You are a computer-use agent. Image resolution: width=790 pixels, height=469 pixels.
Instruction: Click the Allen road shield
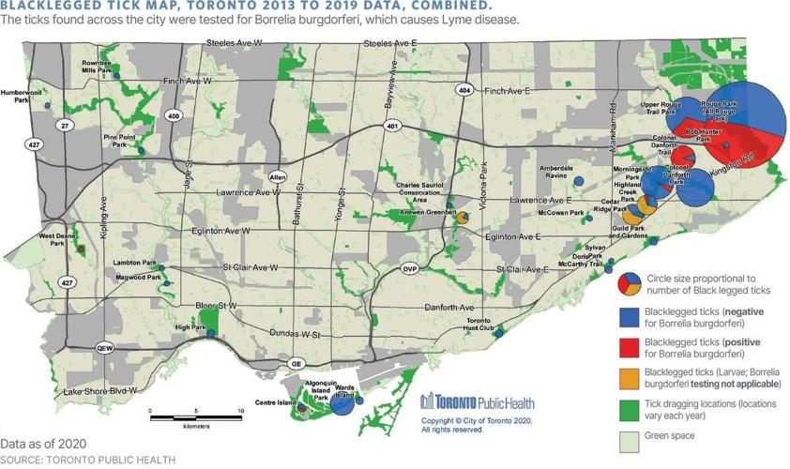coord(277,176)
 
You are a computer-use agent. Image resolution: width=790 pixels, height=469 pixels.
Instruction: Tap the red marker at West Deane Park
coord(81,250)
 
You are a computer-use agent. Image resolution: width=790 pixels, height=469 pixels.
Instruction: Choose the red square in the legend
coord(630,349)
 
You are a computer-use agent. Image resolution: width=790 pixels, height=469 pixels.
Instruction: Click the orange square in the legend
coord(630,380)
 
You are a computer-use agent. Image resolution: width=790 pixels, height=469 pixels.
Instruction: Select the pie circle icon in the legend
coord(630,282)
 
